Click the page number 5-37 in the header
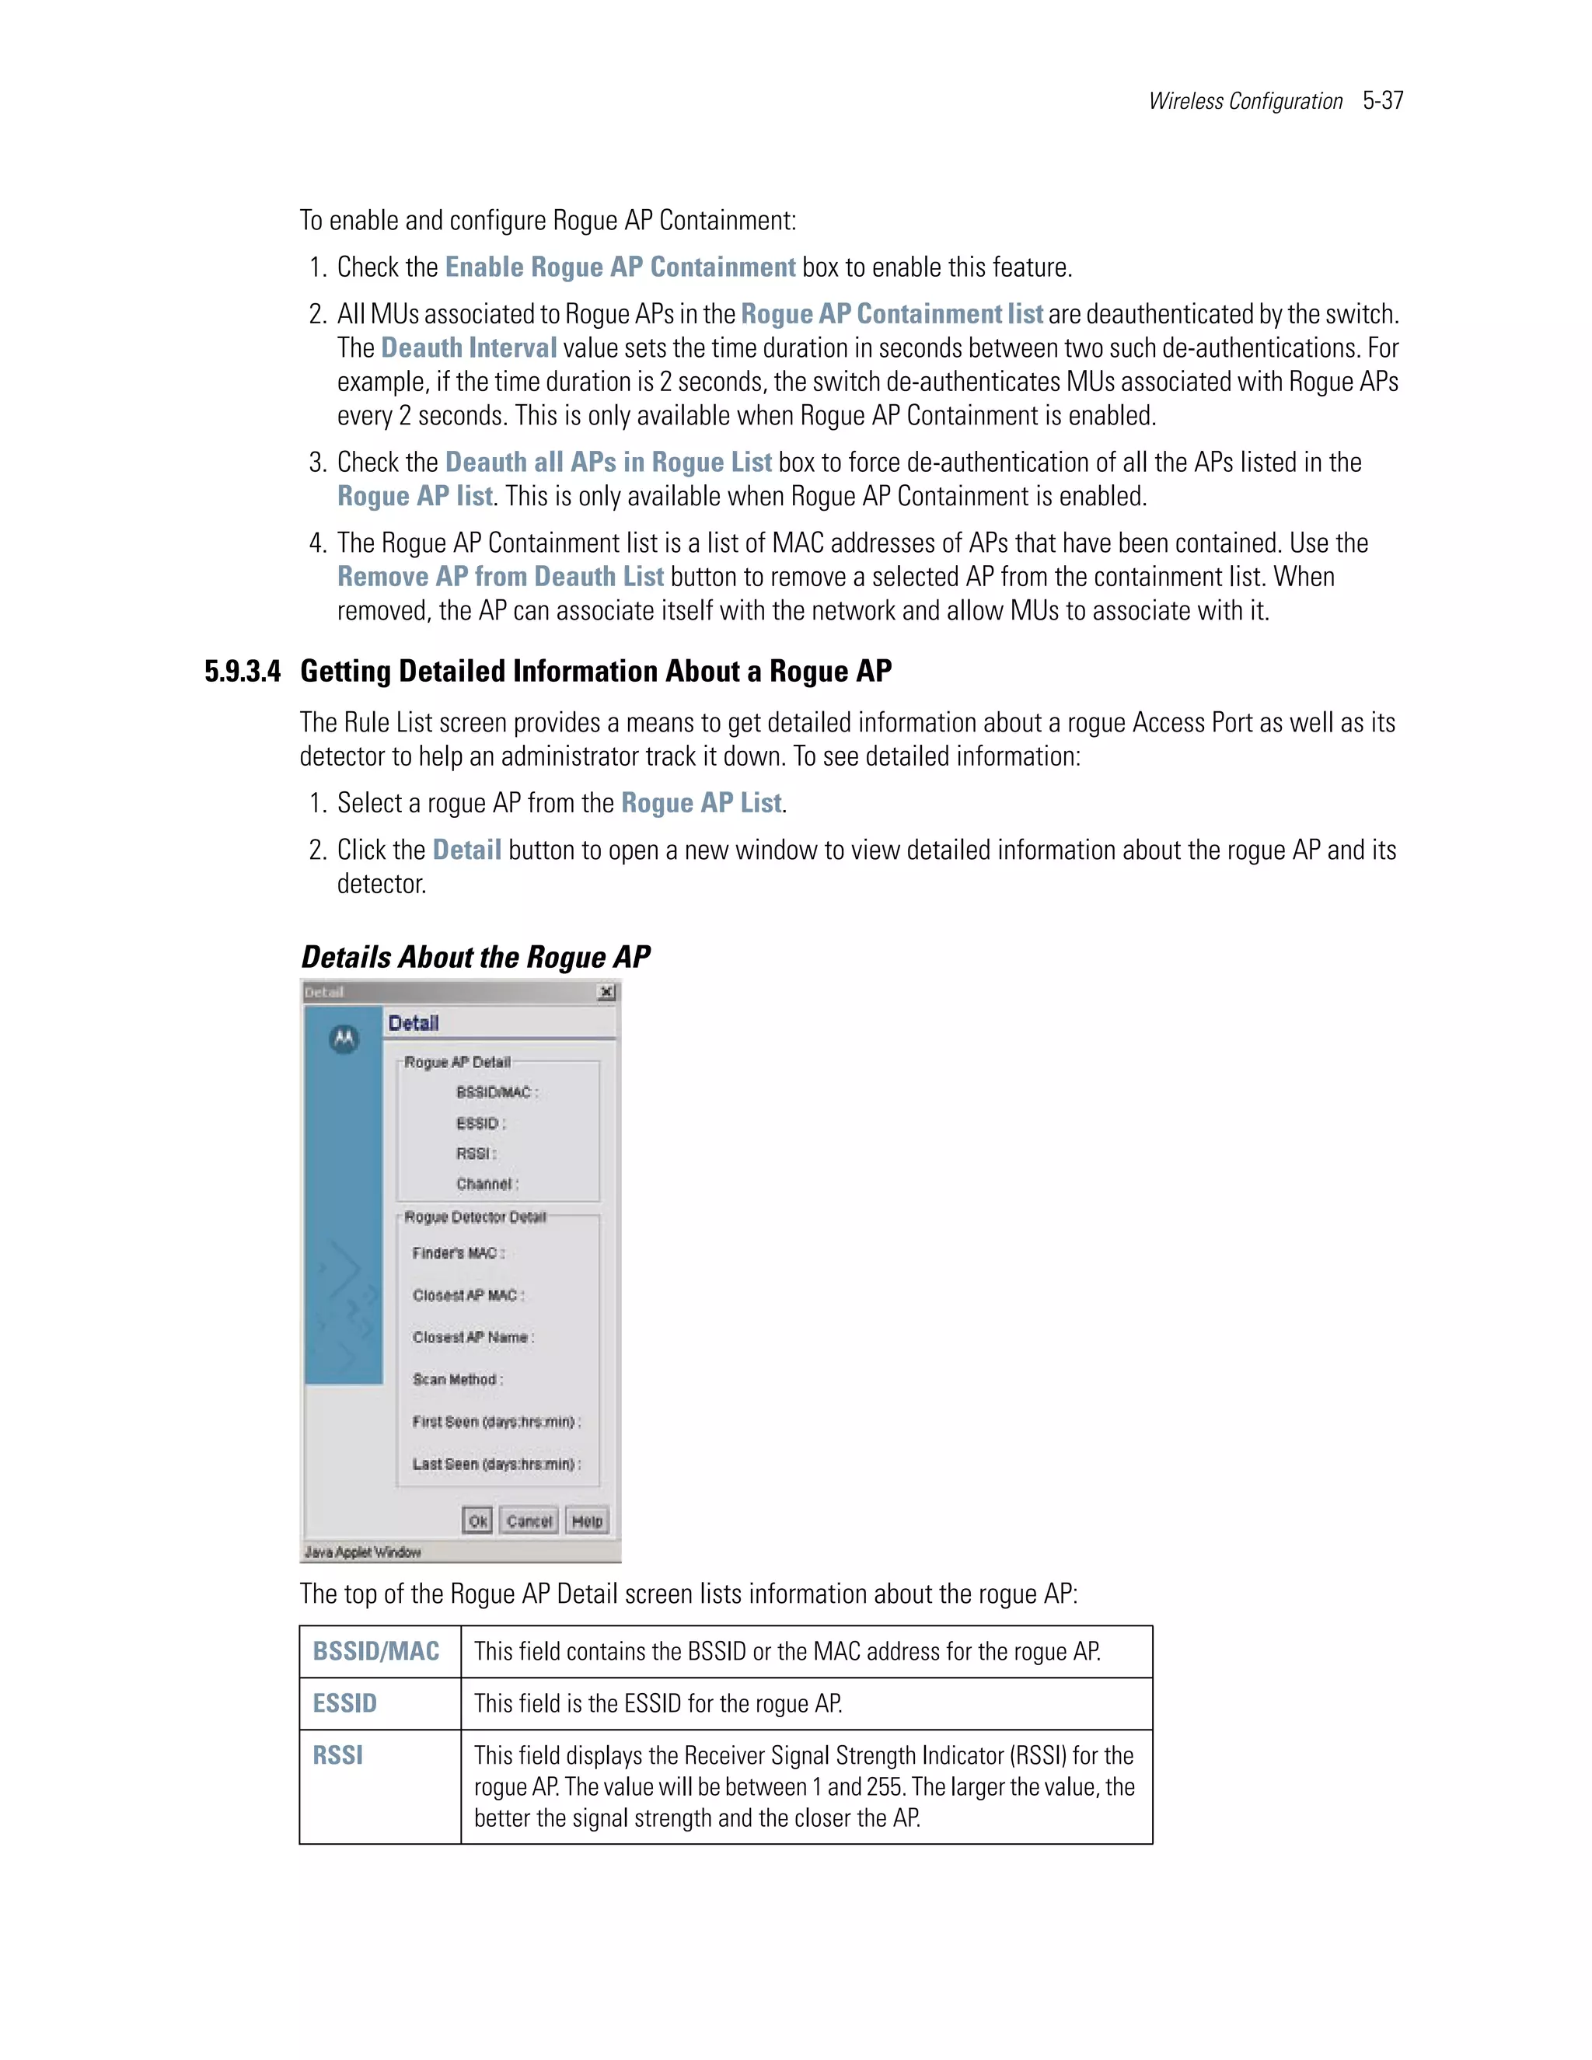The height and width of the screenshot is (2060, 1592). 1383,101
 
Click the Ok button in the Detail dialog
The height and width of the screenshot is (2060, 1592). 477,1521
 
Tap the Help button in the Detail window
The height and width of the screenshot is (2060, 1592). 587,1521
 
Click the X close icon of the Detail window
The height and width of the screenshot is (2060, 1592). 606,991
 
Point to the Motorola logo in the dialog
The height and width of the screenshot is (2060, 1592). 344,1039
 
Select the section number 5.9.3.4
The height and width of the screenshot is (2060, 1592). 243,672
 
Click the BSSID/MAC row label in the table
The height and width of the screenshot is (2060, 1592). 376,1652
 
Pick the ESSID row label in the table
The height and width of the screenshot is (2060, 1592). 345,1703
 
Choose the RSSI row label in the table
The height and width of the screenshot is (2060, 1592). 337,1755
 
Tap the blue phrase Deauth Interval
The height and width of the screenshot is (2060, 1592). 469,348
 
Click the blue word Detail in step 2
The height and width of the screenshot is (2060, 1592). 467,850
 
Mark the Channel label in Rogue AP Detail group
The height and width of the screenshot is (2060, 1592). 487,1184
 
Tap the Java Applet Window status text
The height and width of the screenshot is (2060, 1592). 363,1552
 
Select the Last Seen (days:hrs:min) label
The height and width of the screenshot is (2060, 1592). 496,1464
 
